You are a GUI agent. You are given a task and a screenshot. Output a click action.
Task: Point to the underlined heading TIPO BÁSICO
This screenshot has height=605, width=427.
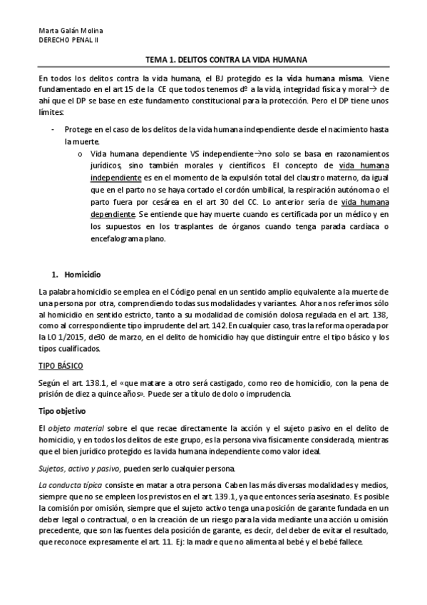(x=61, y=366)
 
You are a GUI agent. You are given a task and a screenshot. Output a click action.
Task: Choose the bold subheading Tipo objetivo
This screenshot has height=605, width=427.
(x=63, y=412)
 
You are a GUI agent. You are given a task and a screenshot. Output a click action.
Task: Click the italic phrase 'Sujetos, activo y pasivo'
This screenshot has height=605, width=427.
(x=80, y=467)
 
